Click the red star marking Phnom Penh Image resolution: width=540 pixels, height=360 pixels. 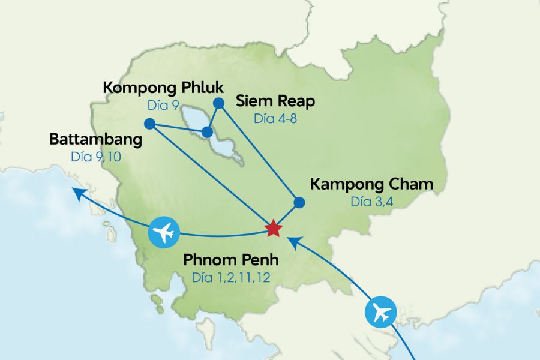tap(273, 228)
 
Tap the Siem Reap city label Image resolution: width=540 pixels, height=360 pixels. tap(275, 101)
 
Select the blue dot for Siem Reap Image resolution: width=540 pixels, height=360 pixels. tap(219, 103)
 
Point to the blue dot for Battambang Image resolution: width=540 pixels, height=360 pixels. tap(150, 124)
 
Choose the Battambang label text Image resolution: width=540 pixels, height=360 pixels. tap(96, 140)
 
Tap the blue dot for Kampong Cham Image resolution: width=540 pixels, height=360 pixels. tap(299, 202)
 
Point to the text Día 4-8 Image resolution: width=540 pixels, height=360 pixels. tap(275, 118)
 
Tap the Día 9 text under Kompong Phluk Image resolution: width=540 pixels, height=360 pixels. tap(163, 105)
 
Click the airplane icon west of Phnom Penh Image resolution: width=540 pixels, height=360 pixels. tap(164, 232)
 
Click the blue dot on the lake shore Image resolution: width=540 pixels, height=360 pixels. tap(207, 131)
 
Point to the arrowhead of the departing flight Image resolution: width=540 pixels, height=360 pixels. tap(76, 191)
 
